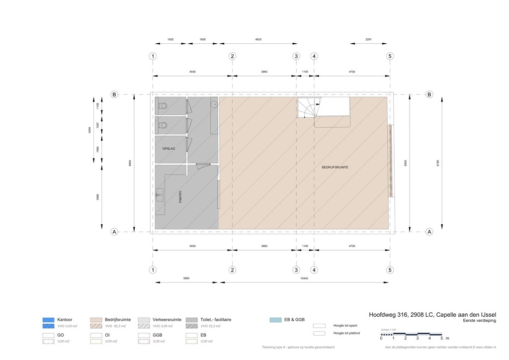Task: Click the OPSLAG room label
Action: [x=169, y=149]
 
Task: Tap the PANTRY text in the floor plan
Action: [x=181, y=197]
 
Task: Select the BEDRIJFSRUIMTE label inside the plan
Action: [x=335, y=168]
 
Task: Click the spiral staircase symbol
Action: [x=309, y=107]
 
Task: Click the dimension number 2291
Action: [x=369, y=39]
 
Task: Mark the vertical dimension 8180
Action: [x=438, y=163]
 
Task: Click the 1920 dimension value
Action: [x=170, y=39]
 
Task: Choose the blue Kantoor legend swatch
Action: [x=48, y=320]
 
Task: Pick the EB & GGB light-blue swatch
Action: [x=275, y=320]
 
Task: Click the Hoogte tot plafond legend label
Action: [x=346, y=333]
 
